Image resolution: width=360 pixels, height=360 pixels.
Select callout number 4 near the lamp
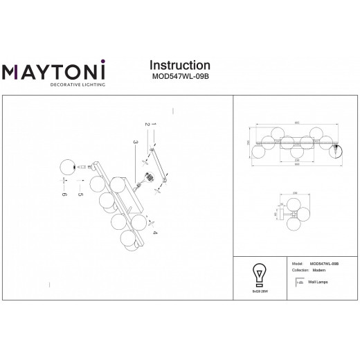(x=154, y=233)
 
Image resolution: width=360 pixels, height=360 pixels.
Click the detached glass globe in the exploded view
(x=66, y=167)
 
